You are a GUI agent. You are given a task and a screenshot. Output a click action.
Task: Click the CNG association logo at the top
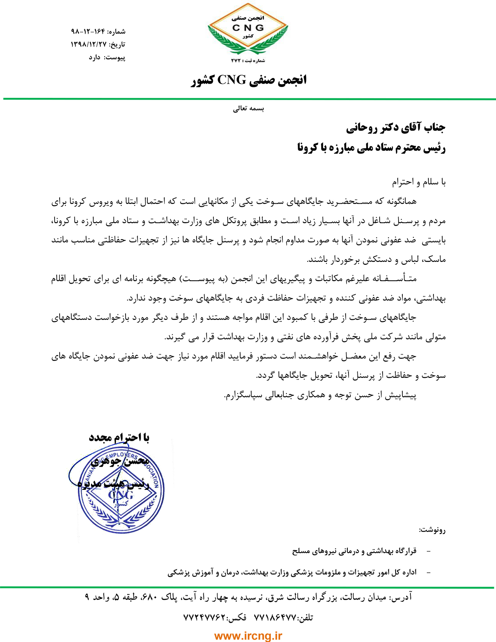point(248,29)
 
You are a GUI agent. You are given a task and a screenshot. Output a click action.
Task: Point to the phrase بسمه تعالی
point(249,108)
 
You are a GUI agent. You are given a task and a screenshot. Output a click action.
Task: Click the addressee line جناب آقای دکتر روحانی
point(396,127)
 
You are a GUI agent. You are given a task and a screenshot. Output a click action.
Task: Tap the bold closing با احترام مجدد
point(119,437)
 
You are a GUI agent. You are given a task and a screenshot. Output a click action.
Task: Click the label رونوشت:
point(432,530)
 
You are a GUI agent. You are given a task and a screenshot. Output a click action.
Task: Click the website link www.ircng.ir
point(248,636)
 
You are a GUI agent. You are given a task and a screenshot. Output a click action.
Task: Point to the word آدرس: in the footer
point(402,597)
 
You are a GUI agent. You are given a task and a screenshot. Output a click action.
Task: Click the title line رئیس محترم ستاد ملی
point(371,148)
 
